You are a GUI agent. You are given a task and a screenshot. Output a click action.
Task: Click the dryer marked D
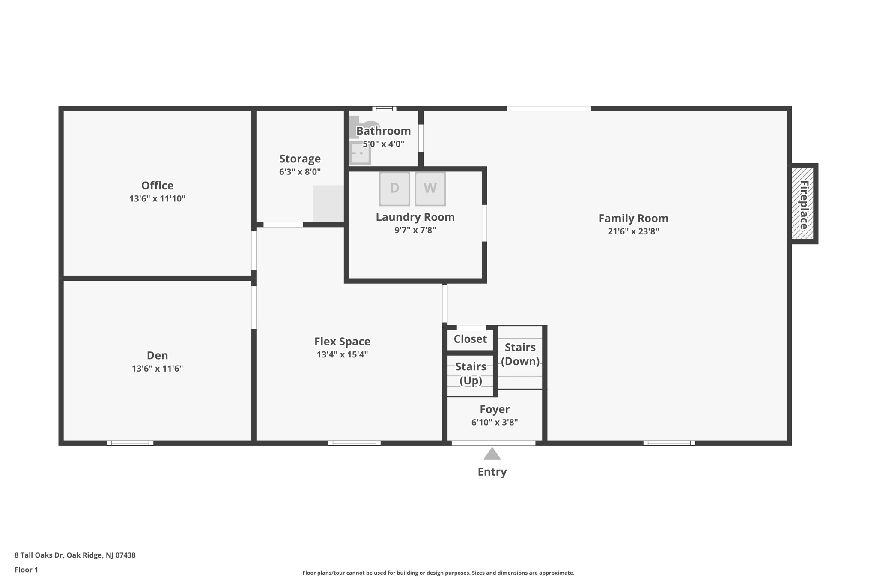[394, 189]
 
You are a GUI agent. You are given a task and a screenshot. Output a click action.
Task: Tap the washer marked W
[430, 189]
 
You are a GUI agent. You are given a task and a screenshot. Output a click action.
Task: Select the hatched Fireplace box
[802, 204]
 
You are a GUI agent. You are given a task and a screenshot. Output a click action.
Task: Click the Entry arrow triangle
[492, 454]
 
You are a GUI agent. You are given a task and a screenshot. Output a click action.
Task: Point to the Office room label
[158, 186]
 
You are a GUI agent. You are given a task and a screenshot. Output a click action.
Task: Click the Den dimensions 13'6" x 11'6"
[158, 369]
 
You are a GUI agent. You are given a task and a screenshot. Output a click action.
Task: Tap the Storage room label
[300, 159]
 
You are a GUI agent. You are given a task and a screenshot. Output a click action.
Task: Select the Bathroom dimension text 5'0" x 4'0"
[384, 144]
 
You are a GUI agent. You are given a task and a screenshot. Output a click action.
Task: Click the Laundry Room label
[415, 217]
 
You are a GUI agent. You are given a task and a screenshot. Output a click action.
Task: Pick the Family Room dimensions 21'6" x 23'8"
[633, 231]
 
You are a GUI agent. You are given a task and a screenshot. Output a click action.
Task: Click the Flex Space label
[342, 342]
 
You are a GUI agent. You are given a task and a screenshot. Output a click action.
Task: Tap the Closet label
[470, 339]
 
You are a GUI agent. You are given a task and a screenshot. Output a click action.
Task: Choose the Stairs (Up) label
[471, 373]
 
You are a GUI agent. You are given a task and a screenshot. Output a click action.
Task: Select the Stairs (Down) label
[520, 354]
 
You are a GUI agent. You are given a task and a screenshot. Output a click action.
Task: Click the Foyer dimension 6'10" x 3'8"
[495, 423]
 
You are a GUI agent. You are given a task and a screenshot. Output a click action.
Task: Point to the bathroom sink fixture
[360, 153]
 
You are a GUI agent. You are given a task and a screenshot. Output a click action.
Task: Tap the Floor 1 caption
[26, 570]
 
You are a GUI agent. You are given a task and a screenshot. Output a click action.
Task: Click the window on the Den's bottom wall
[130, 443]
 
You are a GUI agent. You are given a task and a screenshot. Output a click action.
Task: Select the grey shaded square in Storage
[328, 204]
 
